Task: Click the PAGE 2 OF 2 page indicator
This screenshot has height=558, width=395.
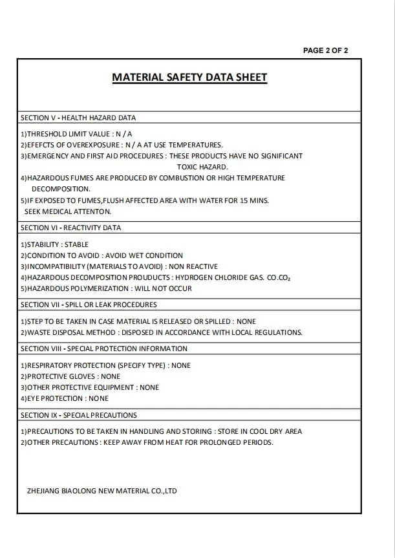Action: (x=325, y=50)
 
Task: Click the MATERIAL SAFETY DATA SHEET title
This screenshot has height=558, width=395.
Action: (x=189, y=78)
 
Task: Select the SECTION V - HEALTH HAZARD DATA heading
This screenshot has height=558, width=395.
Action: (x=78, y=118)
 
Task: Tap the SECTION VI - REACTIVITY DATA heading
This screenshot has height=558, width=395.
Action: (x=70, y=228)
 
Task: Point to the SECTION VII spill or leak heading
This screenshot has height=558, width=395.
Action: (x=89, y=305)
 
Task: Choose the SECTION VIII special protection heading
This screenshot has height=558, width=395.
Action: (x=104, y=349)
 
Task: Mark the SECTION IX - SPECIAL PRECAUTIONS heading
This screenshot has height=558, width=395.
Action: (x=79, y=415)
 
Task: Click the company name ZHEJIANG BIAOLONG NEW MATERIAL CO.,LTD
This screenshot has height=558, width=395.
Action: (x=102, y=491)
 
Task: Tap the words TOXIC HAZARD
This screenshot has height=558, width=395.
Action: (x=202, y=167)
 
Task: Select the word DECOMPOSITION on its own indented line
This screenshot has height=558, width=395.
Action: (x=61, y=189)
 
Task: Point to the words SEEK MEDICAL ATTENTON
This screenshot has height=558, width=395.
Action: (x=68, y=211)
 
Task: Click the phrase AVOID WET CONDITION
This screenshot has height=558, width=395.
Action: (x=144, y=255)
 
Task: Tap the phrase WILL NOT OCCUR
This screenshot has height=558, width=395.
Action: (x=163, y=288)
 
